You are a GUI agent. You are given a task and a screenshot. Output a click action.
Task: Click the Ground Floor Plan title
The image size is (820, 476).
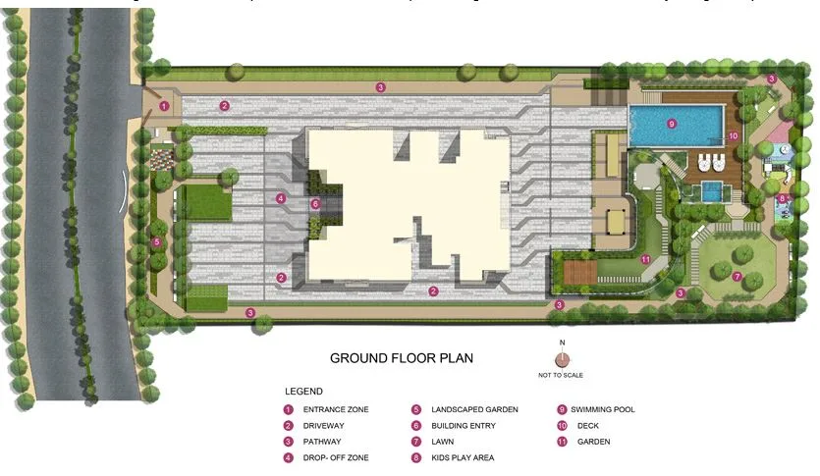[x=401, y=358]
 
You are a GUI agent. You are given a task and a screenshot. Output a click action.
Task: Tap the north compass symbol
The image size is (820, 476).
[x=562, y=358]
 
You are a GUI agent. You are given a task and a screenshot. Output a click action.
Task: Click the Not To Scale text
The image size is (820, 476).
[x=562, y=375]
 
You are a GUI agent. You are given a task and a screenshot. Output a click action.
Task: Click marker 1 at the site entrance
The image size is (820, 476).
[x=164, y=105]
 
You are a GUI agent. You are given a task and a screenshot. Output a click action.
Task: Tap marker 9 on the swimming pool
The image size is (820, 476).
[x=672, y=124]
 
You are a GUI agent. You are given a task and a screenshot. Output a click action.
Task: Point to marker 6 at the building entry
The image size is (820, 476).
[x=315, y=204]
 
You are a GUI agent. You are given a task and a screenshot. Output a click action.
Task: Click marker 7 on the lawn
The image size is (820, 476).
[x=737, y=276]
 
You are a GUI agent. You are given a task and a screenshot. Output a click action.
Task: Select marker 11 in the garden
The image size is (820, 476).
[x=645, y=260]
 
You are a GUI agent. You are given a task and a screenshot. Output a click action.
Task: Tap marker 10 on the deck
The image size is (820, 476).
[x=732, y=135]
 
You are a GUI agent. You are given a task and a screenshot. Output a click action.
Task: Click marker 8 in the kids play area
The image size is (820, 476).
[x=782, y=198]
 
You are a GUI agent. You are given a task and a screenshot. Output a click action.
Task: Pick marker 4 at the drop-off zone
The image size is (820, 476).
[x=281, y=198]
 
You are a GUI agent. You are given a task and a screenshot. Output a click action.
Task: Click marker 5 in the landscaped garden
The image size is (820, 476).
[x=157, y=241]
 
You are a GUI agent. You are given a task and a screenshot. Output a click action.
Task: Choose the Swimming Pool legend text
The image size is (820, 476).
[x=602, y=409]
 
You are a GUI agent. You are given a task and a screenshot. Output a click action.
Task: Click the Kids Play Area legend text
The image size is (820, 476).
[x=463, y=457]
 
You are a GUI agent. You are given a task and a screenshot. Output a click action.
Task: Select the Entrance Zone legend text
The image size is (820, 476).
[x=336, y=409]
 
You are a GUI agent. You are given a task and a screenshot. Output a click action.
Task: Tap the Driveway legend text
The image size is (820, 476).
[x=326, y=426]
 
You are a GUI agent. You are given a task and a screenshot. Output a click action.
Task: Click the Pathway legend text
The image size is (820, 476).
[x=324, y=442]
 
